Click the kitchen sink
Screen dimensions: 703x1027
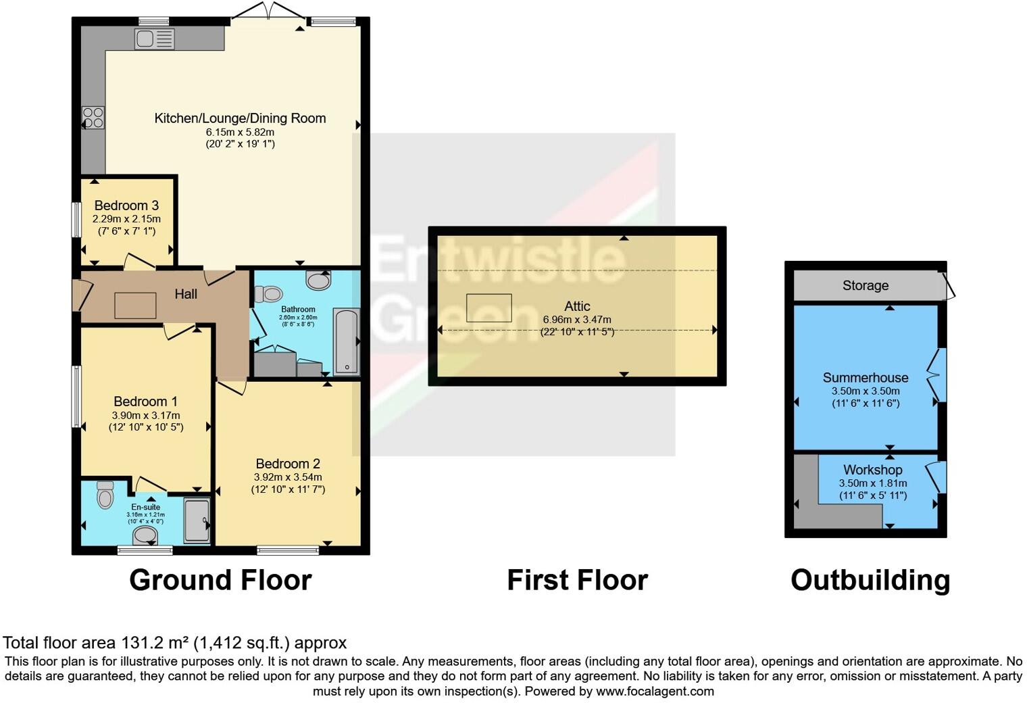pos(154,39)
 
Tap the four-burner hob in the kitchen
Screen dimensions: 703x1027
pos(93,118)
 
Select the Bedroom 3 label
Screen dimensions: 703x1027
pos(126,205)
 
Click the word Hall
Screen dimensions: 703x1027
pos(186,294)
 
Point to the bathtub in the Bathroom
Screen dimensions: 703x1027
pos(346,341)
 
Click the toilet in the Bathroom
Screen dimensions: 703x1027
pos(269,294)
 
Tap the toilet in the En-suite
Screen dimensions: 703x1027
pos(105,495)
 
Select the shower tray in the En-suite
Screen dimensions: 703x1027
pos(197,520)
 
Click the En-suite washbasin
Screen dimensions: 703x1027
pos(145,536)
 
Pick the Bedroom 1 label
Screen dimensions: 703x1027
pos(145,402)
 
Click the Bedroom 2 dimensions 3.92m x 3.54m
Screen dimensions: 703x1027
pos(288,477)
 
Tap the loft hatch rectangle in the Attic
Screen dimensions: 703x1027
pos(489,308)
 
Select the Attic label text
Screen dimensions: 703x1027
pos(577,306)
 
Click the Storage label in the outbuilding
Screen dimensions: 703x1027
pos(865,286)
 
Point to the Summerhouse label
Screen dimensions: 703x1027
pos(865,378)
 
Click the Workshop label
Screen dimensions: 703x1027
pos(872,470)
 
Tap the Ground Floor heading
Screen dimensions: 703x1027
pos(220,581)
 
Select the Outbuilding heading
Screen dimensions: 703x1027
pos(870,581)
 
